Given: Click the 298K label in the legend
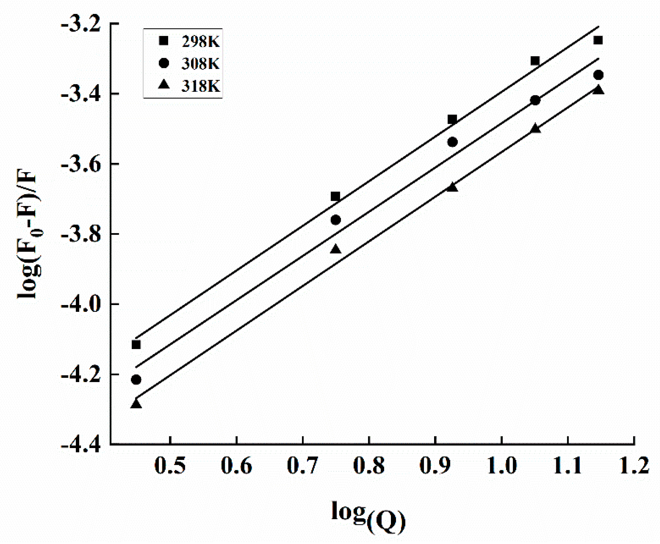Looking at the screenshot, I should [201, 42].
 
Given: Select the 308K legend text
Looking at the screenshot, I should [201, 64].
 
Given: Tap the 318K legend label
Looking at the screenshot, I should [201, 86].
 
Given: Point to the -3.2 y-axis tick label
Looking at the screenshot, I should [81, 25].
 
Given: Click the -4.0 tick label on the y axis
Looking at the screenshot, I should [81, 305].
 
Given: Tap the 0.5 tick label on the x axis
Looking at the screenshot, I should [170, 466].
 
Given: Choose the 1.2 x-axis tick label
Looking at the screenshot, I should [634, 466].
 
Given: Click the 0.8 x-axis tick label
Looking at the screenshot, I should [369, 466].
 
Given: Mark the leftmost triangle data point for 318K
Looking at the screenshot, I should [136, 403].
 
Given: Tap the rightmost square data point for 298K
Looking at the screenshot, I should [598, 40].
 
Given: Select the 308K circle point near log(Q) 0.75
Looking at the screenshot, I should [336, 220].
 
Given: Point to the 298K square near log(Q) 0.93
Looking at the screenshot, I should [452, 119].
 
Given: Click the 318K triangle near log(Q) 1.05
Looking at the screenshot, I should [535, 128].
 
